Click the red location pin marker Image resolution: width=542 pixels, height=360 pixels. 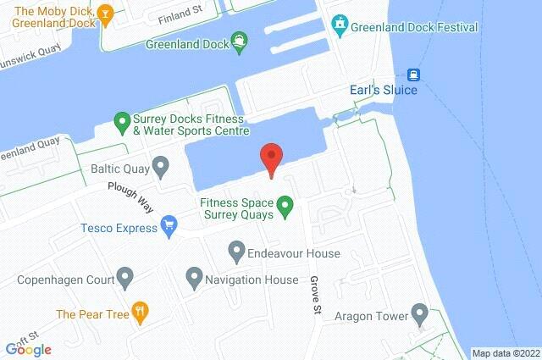[270, 158]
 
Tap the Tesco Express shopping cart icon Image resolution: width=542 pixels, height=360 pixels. [169, 225]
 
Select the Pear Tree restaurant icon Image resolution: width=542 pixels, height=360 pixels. [141, 312]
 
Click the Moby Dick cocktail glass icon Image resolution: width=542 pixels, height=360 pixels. [104, 13]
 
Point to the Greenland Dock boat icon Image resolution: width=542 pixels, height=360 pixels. [240, 42]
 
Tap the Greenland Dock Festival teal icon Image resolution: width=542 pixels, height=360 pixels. [340, 25]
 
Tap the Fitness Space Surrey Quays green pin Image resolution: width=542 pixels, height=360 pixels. [286, 204]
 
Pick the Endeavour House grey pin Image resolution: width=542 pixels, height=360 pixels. [237, 251]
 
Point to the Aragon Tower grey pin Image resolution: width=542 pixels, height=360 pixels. [418, 315]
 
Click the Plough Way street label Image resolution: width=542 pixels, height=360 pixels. [130, 197]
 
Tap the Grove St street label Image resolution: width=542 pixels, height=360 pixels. [314, 290]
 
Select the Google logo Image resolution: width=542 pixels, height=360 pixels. [28, 348]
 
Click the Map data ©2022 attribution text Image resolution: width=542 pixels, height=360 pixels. [506, 353]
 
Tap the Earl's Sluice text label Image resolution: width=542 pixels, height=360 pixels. [383, 91]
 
